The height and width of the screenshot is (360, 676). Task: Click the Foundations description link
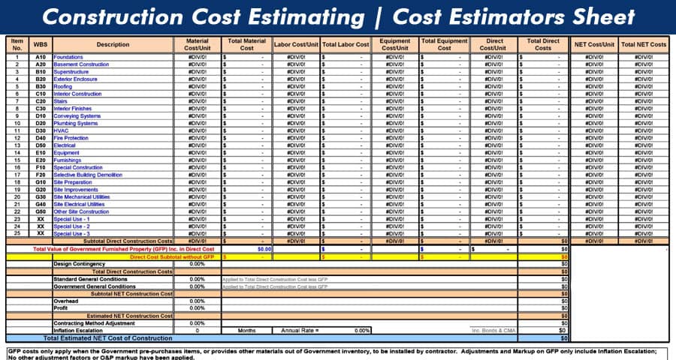pyautogui.click(x=68, y=57)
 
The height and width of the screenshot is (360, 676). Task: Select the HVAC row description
pyautogui.click(x=61, y=130)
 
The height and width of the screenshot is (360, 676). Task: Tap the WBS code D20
pyautogui.click(x=41, y=123)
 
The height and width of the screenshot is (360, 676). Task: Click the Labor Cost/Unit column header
pyautogui.click(x=297, y=44)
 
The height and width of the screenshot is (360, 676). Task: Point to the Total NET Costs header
pyautogui.click(x=643, y=44)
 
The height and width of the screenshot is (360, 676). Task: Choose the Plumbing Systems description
pyautogui.click(x=76, y=123)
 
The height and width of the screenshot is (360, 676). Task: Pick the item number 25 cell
pyautogui.click(x=17, y=233)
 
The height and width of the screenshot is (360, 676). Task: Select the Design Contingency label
pyautogui.click(x=79, y=264)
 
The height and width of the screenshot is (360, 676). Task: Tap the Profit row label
pyautogui.click(x=61, y=308)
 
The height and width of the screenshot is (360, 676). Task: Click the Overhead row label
pyautogui.click(x=65, y=301)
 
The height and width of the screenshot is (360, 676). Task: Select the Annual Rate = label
pyautogui.click(x=300, y=330)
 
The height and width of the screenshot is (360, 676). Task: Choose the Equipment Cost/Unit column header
pyautogui.click(x=395, y=44)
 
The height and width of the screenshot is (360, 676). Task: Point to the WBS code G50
pyautogui.click(x=41, y=211)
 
